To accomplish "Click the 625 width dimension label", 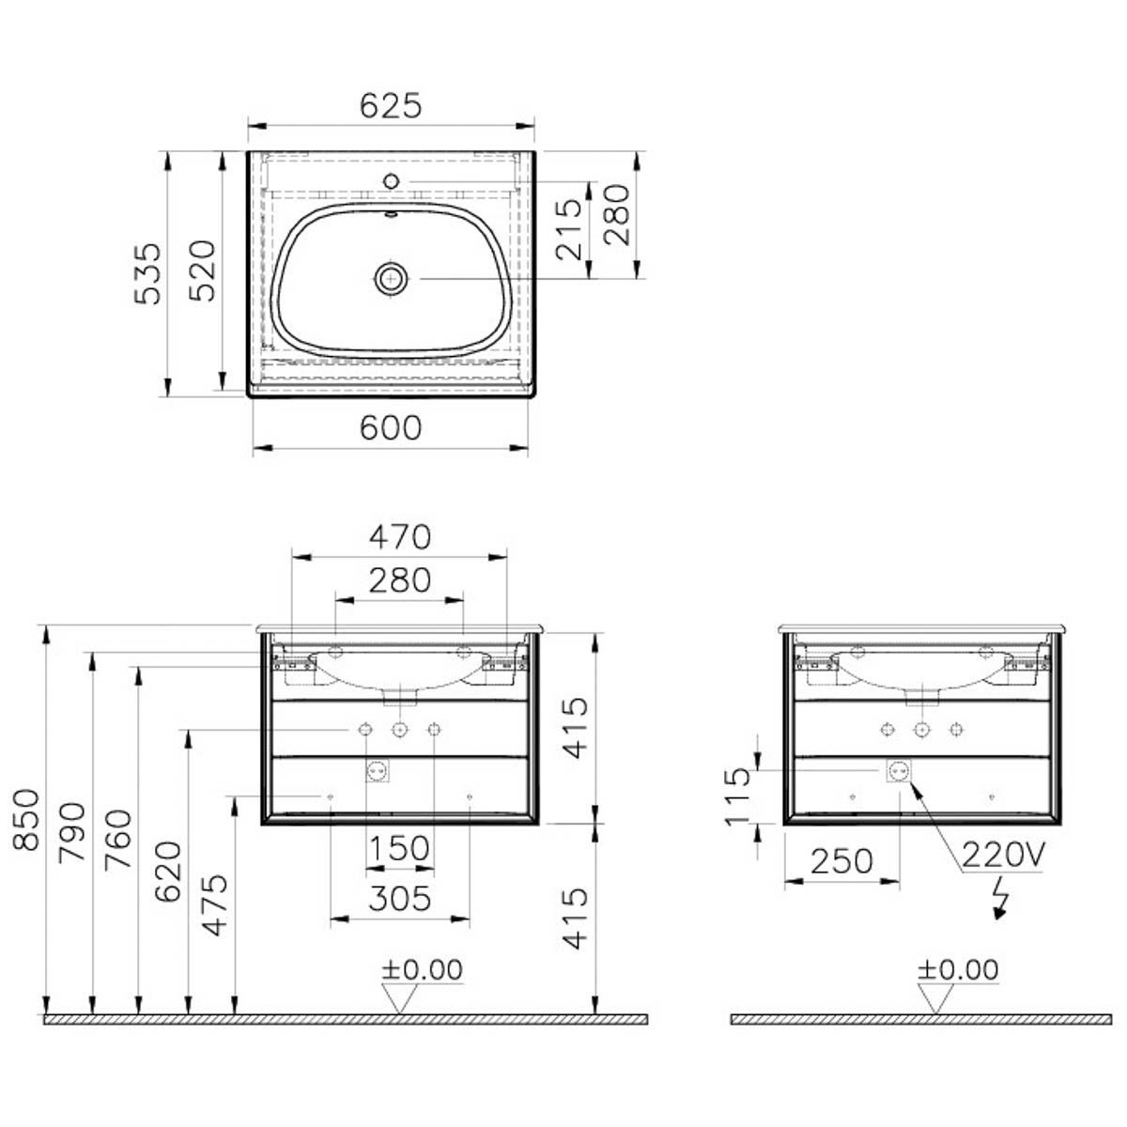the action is click(x=390, y=106).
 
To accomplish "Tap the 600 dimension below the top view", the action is click(x=390, y=428).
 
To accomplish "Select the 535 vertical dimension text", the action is click(x=147, y=273).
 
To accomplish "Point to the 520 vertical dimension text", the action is click(x=203, y=270).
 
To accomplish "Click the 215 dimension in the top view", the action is click(x=569, y=230).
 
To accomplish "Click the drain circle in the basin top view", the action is click(x=391, y=278).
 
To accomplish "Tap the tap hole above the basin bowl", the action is click(x=391, y=181).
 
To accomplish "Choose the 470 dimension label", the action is click(x=400, y=537).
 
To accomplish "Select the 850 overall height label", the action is click(x=26, y=819).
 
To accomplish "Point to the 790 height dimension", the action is click(x=72, y=833).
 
